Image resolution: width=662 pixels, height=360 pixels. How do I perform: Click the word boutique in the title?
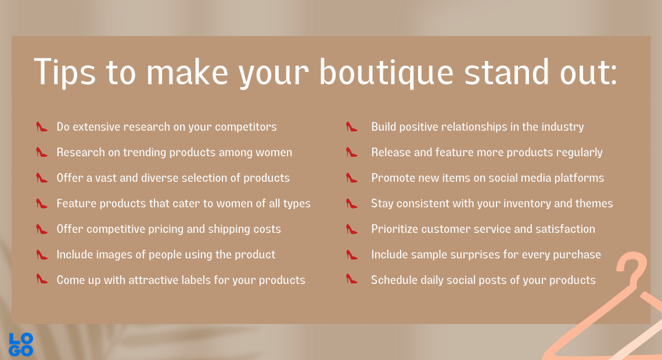386,73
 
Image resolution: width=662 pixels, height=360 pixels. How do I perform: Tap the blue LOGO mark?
21,344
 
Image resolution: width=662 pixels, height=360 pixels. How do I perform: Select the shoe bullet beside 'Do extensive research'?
41,126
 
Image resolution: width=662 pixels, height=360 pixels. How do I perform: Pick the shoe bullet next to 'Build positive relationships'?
352,126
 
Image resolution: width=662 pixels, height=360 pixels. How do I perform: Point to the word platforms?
579,178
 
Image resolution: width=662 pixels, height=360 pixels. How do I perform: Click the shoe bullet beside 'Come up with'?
41,279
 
